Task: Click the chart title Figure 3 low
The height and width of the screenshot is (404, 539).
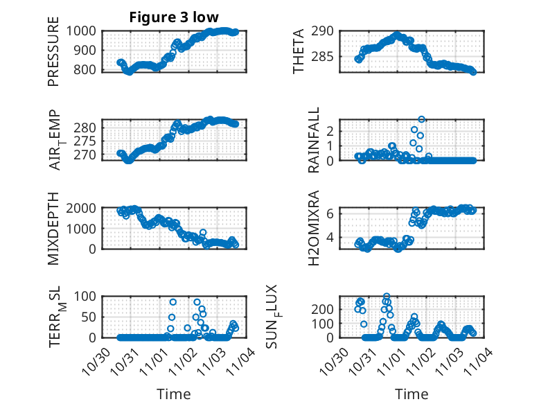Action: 173,17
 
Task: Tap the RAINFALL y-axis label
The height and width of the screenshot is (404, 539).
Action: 314,141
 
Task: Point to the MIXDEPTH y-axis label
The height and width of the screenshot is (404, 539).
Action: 53,228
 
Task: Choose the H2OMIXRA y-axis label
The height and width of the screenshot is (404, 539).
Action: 314,228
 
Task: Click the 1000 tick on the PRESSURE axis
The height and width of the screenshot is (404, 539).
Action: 84,31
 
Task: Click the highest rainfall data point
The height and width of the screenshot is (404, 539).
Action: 421,119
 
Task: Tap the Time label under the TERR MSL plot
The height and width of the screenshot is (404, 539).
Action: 173,394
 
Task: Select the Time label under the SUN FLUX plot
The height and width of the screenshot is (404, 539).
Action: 412,394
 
